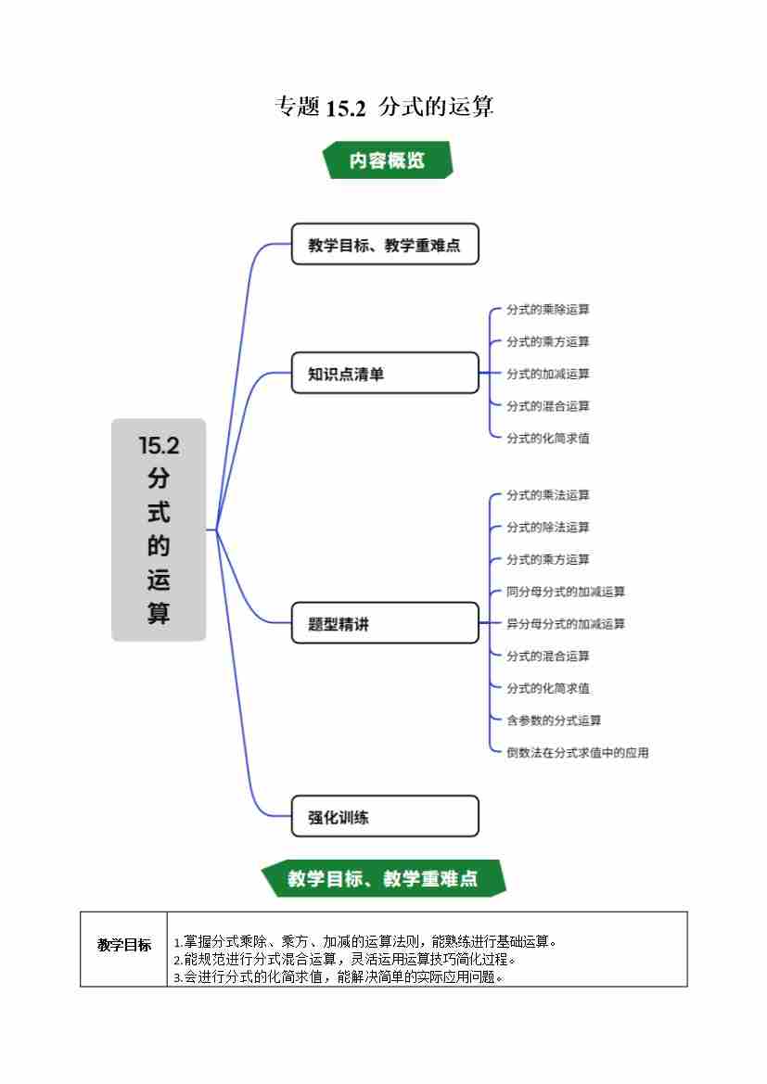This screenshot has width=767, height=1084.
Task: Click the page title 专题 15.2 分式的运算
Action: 384,108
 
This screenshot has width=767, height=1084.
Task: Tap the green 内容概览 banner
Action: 387,159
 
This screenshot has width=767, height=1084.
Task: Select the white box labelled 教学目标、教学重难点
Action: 385,245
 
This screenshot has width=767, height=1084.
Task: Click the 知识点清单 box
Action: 385,374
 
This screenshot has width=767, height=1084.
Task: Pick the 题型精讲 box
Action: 385,624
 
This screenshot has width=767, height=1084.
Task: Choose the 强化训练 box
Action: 385,817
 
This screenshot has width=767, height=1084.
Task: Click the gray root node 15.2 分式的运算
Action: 159,529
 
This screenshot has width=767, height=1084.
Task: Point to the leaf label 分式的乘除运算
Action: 547,310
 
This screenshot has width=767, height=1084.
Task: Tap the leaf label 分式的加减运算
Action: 547,374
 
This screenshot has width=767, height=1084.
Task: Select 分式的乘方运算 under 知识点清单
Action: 547,342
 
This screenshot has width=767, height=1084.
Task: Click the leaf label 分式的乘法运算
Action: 547,495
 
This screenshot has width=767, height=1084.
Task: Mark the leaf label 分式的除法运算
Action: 547,528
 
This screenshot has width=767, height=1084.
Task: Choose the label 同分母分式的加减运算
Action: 565,592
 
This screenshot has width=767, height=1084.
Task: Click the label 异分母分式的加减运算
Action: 565,624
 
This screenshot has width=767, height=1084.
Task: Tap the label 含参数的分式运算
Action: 553,721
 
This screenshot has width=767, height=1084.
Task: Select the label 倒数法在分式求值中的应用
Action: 577,753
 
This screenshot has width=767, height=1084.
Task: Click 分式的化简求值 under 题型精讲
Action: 547,688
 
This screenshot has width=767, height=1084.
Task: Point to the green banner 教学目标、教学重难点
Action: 383,878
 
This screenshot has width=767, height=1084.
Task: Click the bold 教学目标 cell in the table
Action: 124,946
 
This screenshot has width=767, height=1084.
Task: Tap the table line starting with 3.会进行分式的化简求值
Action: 339,976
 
